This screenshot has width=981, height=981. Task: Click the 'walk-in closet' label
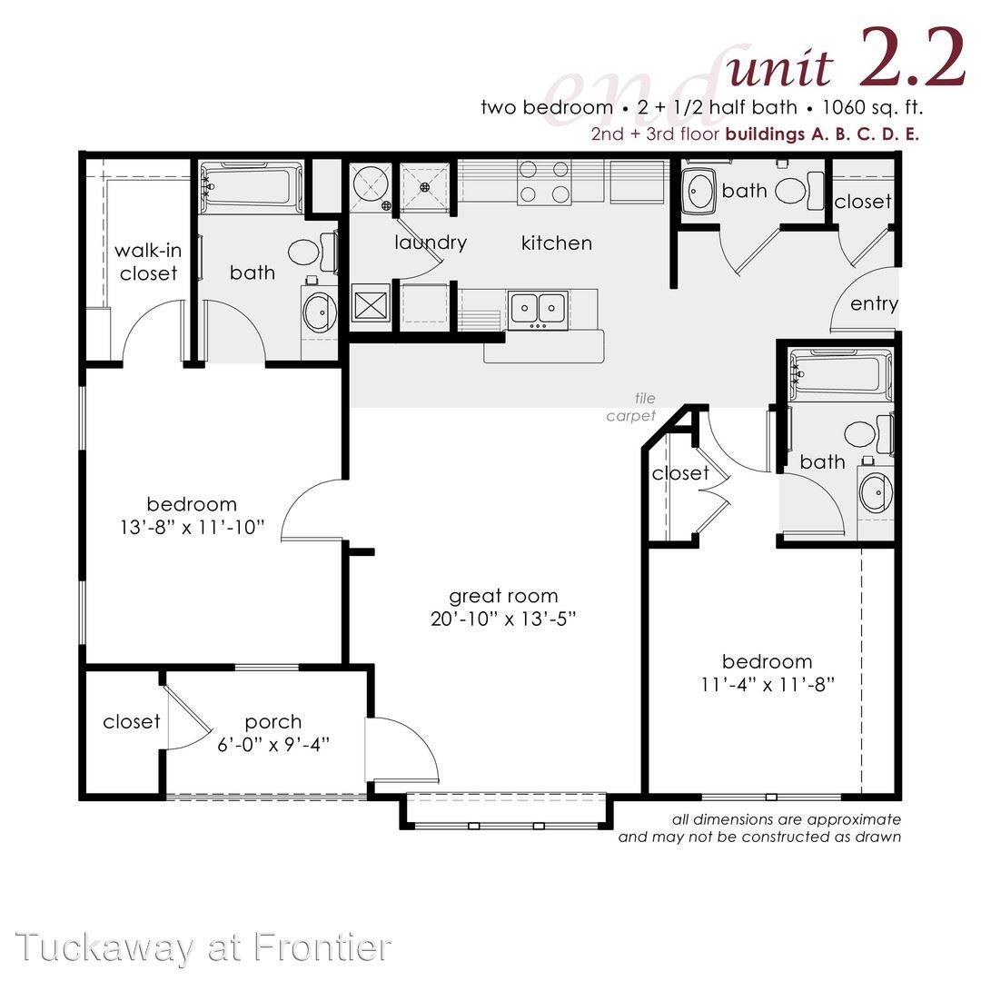[x=148, y=263]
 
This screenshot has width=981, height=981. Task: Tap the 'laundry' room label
[x=431, y=243]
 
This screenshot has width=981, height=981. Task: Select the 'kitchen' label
[x=556, y=243]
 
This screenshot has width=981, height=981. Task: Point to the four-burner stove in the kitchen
[x=544, y=182]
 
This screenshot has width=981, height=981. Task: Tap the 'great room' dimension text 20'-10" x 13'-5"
[x=503, y=619]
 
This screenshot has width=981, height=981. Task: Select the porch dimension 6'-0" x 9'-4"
[x=273, y=745]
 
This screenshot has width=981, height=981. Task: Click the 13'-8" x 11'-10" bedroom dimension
[x=192, y=527]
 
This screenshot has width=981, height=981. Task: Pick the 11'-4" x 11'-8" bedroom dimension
[x=768, y=685]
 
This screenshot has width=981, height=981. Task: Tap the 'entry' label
[x=874, y=304]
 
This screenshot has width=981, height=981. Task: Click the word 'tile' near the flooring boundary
[x=645, y=398]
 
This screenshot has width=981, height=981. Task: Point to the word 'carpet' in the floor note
[x=630, y=416]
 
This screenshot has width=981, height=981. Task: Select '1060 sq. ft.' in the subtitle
[x=873, y=107]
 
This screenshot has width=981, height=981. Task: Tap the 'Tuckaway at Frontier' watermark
[x=204, y=947]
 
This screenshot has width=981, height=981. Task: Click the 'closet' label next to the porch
[x=132, y=721]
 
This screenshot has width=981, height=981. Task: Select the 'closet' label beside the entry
[x=863, y=202]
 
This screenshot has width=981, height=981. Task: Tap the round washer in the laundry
[x=371, y=183]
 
